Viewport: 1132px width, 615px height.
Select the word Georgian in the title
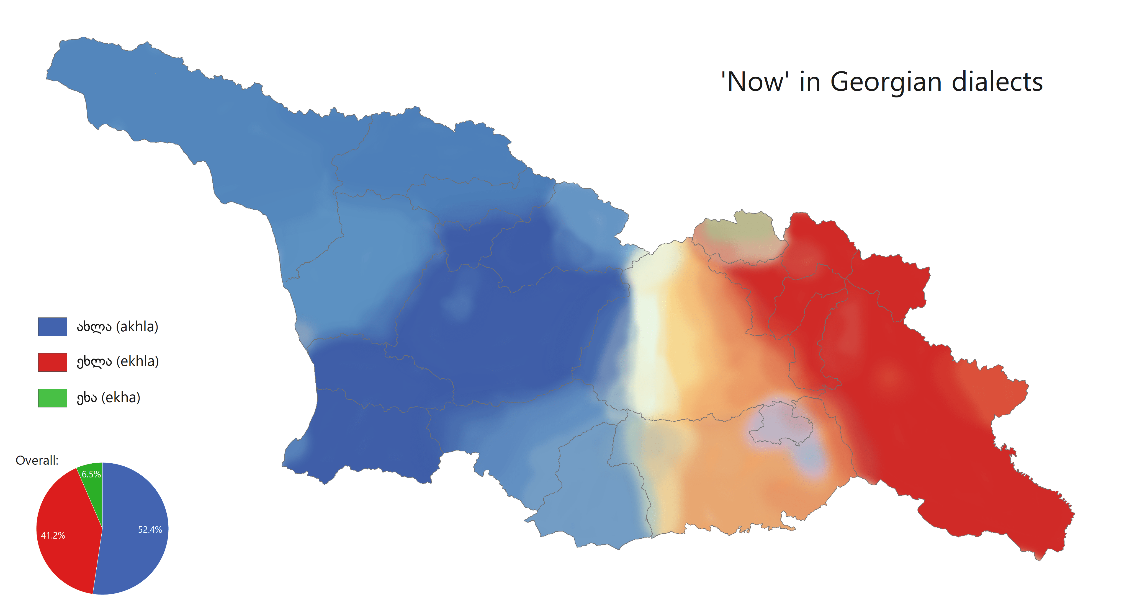point(886,82)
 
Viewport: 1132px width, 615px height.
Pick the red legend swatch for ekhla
point(52,362)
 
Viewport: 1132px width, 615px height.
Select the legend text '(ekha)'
point(120,397)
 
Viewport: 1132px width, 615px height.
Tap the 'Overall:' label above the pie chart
point(37,460)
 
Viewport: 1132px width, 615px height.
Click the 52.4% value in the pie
point(150,530)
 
